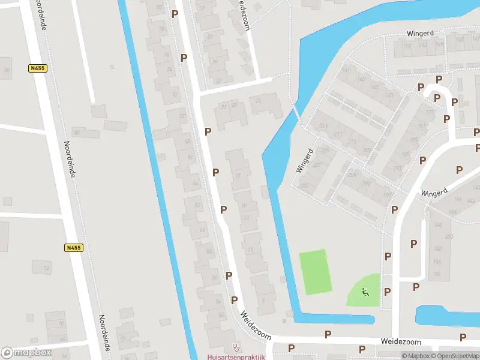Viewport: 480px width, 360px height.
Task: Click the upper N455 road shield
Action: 37,68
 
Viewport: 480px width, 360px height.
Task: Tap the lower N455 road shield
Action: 73,247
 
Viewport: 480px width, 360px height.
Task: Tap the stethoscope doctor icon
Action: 235,347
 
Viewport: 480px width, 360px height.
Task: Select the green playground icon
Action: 365,292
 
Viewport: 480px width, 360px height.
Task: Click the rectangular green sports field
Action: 316,272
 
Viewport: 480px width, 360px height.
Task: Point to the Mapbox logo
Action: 26,353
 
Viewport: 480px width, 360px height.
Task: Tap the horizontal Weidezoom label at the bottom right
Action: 401,341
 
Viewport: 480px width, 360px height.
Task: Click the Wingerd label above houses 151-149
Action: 419,35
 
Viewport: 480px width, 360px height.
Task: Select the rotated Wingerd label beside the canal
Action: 305,161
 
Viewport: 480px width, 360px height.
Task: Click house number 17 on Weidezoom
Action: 239,175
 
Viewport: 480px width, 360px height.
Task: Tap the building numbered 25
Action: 259,100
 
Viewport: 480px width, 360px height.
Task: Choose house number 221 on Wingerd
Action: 317,164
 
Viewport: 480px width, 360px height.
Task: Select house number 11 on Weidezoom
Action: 250,249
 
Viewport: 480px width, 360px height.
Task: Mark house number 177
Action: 429,112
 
